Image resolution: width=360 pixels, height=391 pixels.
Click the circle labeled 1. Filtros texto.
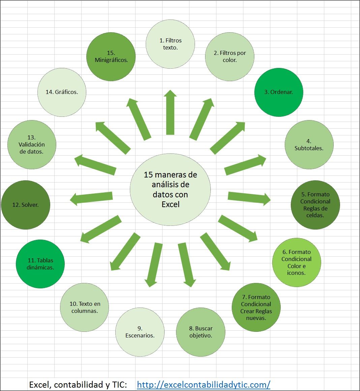point(170,44)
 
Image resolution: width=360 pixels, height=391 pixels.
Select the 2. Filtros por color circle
point(230,56)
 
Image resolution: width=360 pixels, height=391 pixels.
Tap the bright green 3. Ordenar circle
point(279,92)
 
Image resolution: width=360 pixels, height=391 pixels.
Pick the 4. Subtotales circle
point(309,144)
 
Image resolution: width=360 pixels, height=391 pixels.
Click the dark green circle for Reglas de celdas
point(315,205)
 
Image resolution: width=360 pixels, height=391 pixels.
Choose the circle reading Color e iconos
point(296,262)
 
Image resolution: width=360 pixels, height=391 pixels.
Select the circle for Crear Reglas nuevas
point(256,307)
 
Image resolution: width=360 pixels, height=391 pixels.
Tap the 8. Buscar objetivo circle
point(201,332)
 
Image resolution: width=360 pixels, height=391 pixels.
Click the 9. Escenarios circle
point(140,332)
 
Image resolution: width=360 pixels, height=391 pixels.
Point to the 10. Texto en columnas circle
point(85,307)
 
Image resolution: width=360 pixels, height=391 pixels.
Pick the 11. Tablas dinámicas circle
point(40,264)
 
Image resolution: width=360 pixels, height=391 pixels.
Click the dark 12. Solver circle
point(26,205)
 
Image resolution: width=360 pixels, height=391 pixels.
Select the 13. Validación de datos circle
point(32,144)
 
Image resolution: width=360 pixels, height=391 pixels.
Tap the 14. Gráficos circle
point(62,92)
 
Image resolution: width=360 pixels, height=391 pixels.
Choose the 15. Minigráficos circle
point(111,57)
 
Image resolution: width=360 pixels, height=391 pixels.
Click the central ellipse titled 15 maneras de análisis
point(170,190)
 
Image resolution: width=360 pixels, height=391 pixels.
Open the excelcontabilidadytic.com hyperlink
point(204,385)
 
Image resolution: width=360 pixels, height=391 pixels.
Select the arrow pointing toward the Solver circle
point(91,198)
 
